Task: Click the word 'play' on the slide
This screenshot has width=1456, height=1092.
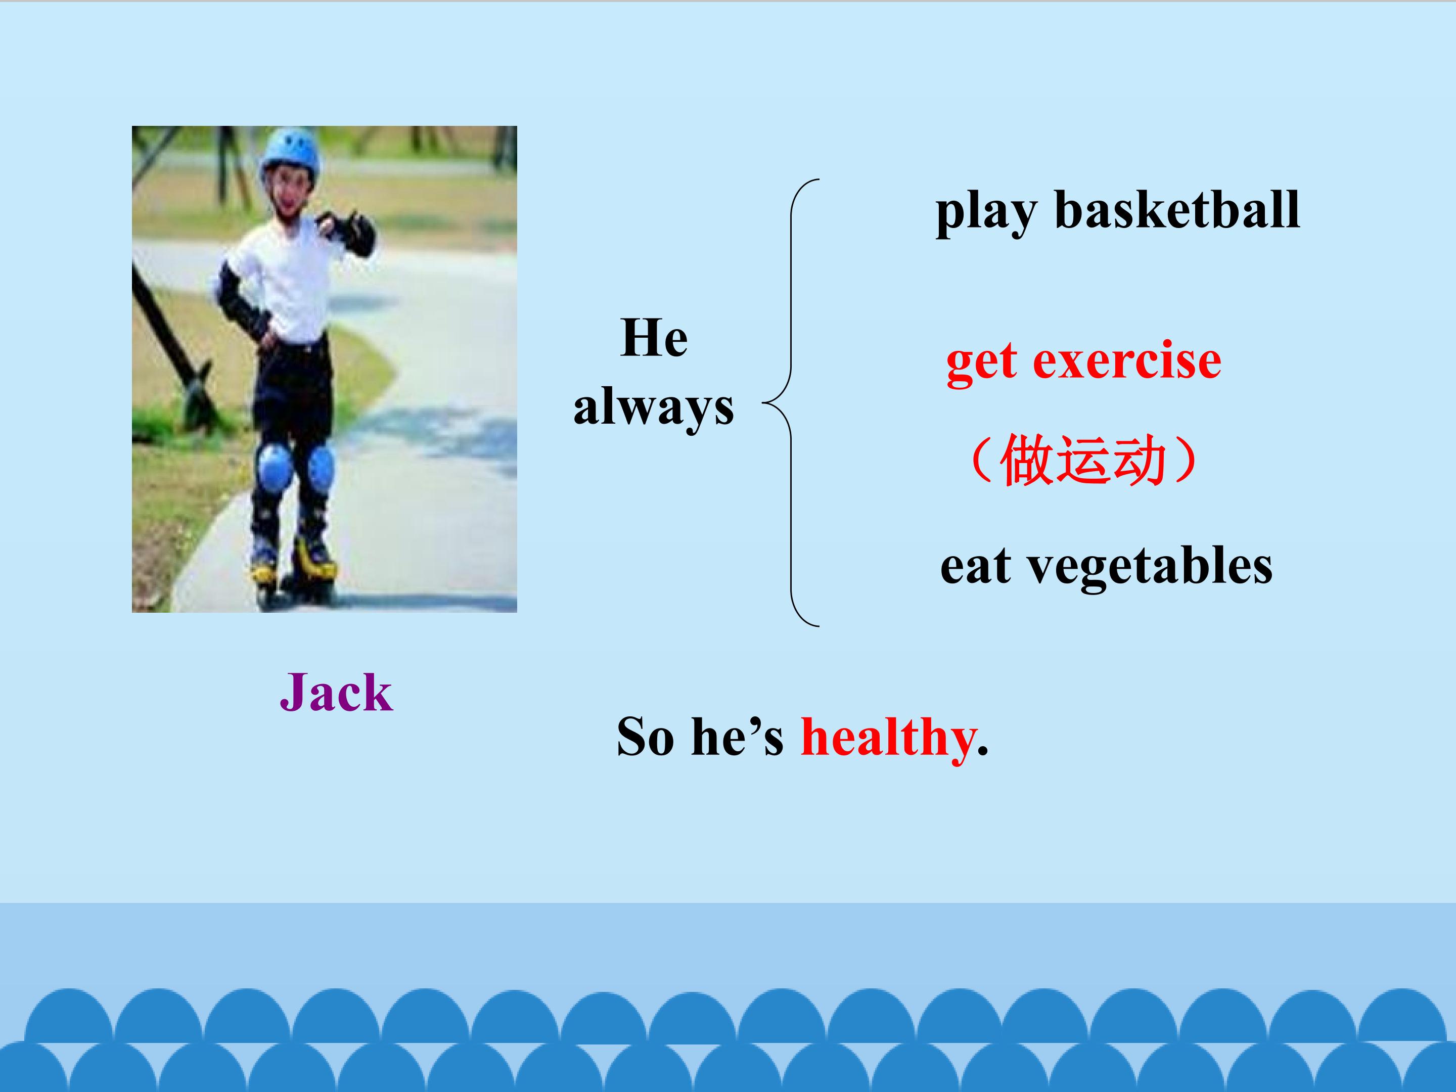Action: pyautogui.click(x=986, y=213)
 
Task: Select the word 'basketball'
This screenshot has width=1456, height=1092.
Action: pyautogui.click(x=1177, y=209)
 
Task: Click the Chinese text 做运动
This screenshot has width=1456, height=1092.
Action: pyautogui.click(x=1083, y=460)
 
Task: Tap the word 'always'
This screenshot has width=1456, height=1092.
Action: pyautogui.click(x=654, y=407)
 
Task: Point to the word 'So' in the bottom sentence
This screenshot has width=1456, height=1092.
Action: pyautogui.click(x=645, y=737)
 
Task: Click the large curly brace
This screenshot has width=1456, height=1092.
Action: pyautogui.click(x=791, y=402)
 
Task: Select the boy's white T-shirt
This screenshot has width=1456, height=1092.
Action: pyautogui.click(x=290, y=283)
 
